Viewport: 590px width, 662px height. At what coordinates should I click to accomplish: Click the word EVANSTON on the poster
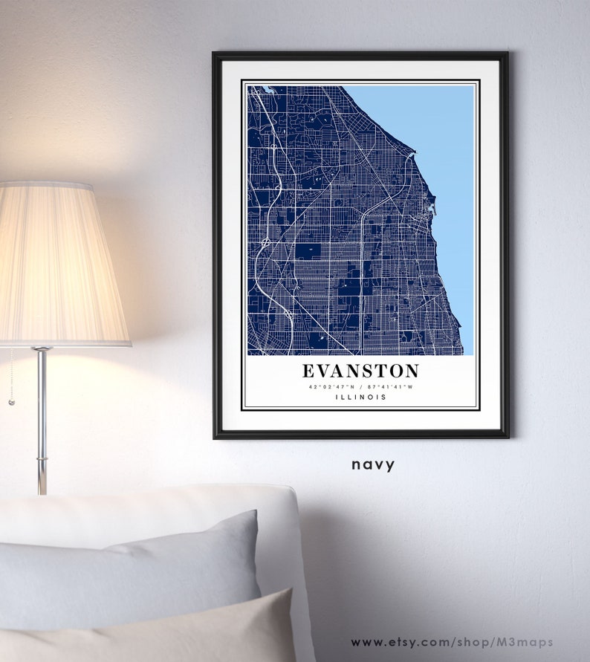[360, 371]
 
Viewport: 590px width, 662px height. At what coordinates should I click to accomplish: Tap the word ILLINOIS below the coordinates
[360, 397]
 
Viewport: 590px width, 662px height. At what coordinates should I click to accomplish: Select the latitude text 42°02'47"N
[330, 386]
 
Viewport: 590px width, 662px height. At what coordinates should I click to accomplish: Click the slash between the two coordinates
[360, 386]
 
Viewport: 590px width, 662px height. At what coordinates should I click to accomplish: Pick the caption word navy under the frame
[373, 465]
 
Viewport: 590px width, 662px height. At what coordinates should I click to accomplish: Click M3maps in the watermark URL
[529, 642]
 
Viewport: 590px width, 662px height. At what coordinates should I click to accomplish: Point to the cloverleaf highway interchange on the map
[265, 242]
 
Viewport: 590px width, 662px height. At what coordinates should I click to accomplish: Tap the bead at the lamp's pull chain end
[11, 402]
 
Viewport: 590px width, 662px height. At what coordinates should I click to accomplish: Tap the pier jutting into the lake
[413, 155]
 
